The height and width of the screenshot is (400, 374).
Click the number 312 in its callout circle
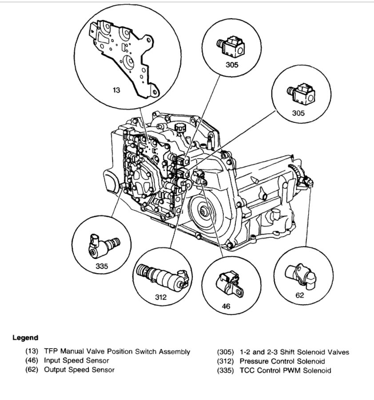point(161,297)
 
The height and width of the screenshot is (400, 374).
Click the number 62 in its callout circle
point(300,295)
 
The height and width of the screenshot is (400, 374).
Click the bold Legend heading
point(25,337)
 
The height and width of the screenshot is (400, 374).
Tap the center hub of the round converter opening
point(203,212)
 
